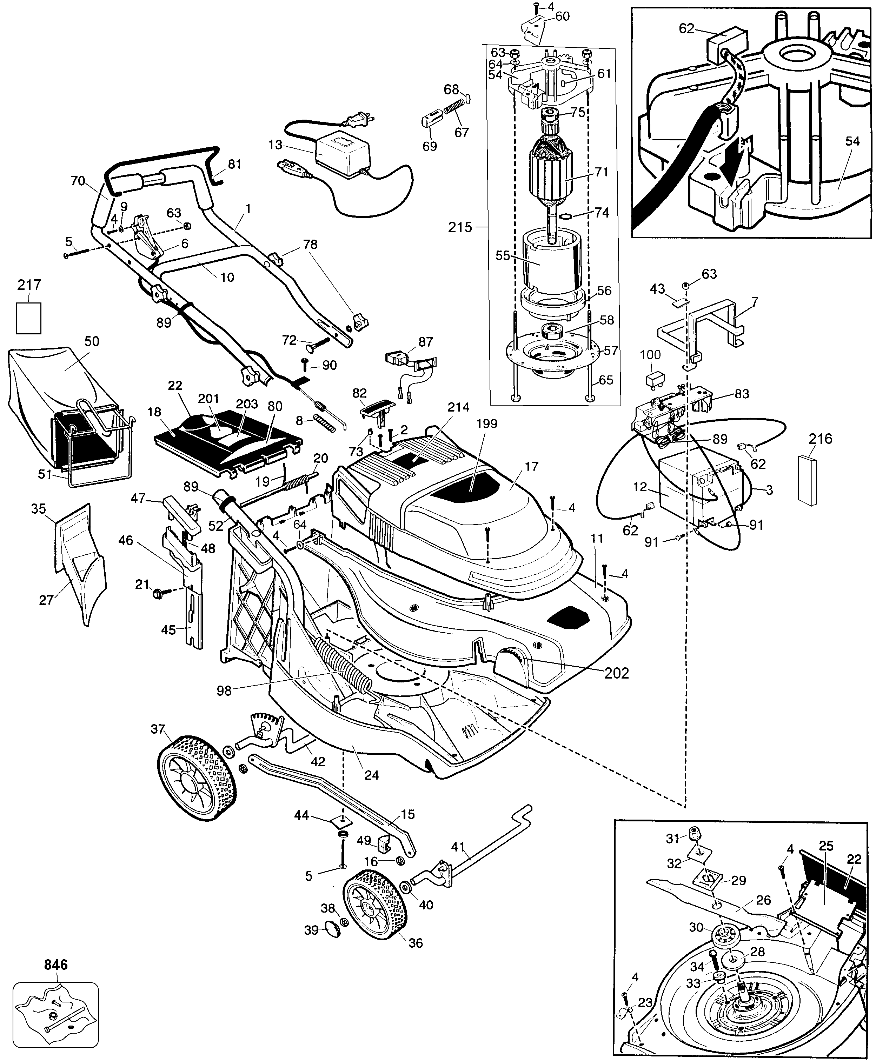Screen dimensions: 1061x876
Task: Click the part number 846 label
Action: click(x=55, y=965)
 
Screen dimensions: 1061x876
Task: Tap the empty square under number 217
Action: click(x=28, y=318)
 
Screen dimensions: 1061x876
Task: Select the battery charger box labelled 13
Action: click(x=343, y=153)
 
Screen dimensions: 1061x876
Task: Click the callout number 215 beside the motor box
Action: click(x=460, y=228)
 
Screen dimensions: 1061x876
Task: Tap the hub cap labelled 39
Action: click(x=331, y=926)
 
